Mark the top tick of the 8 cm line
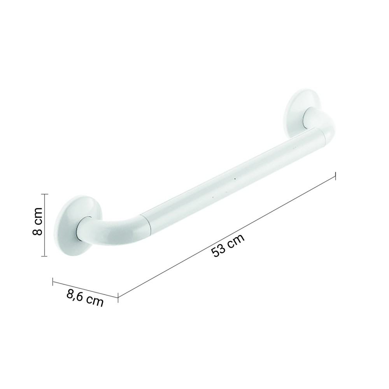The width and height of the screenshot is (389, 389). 45,194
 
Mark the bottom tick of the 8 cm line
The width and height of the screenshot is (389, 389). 44,256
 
